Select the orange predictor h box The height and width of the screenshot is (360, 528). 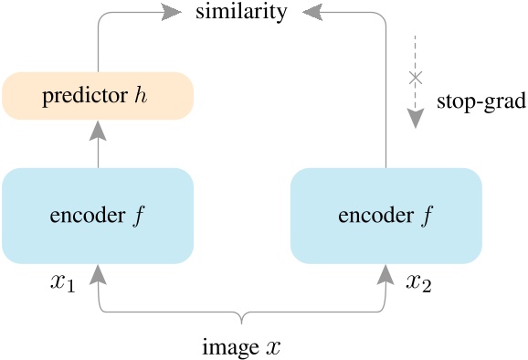(98, 96)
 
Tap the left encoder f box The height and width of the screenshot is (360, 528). (98, 216)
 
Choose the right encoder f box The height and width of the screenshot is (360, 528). (385, 216)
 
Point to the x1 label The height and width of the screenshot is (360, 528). (61, 281)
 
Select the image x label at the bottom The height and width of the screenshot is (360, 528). (241, 346)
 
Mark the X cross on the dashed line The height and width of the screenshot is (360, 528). (416, 79)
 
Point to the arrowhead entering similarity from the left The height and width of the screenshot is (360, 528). (170, 13)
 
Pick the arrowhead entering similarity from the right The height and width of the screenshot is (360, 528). (312, 13)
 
